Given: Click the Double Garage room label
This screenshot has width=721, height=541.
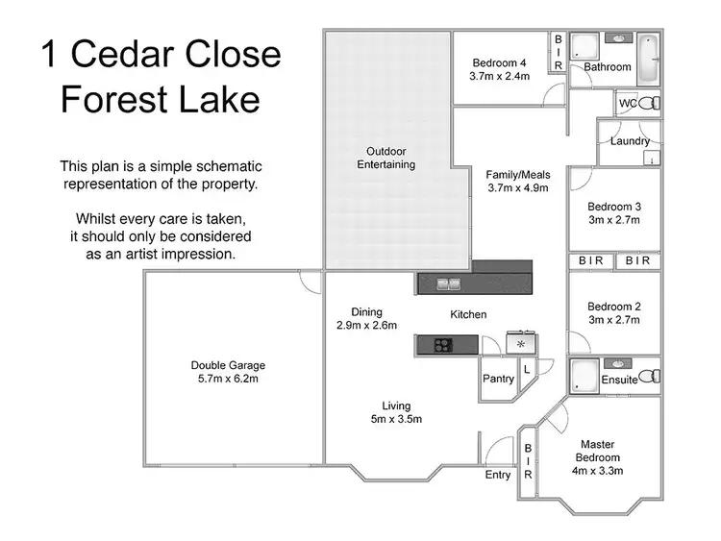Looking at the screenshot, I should point(228,365).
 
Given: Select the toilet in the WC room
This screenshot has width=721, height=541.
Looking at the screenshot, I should point(651,103).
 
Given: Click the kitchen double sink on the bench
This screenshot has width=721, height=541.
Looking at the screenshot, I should point(448,283).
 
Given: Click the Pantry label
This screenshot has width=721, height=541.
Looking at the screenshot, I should point(498,379).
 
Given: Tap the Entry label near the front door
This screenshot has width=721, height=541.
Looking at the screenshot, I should point(498,475).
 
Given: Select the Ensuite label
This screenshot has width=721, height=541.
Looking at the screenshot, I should point(620,380).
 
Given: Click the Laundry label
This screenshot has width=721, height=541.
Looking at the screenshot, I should point(630,141).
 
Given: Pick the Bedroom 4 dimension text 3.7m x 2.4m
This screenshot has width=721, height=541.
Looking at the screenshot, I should point(500,76).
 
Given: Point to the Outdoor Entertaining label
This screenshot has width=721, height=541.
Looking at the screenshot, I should point(386,158).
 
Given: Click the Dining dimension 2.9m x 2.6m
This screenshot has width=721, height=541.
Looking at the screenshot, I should point(366,326).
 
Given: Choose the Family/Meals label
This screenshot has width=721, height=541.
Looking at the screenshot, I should point(517,174).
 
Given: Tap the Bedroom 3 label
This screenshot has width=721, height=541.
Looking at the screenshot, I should point(614,207).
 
